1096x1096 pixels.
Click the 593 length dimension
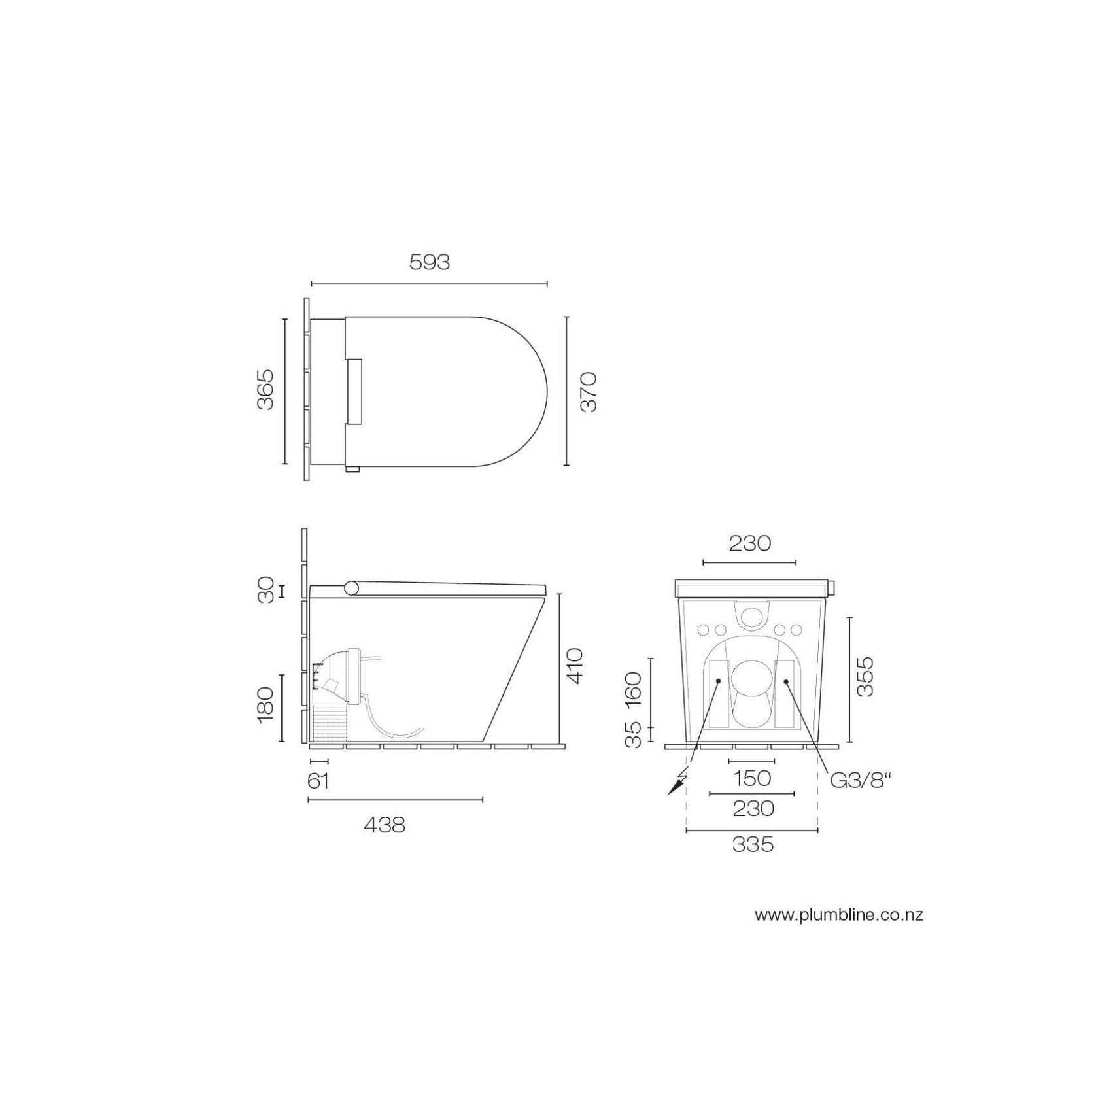429,262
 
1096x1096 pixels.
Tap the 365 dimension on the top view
265,390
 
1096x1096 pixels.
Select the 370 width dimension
589,391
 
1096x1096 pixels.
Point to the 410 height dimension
574,666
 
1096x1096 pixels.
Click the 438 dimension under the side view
385,825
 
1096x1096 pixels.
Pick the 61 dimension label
318,781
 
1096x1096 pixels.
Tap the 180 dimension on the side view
265,704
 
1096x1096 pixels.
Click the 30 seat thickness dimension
265,591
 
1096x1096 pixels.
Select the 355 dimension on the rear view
865,677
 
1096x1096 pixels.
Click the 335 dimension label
753,845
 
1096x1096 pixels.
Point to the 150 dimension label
752,778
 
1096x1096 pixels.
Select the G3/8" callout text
861,780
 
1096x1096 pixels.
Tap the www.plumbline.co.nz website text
839,915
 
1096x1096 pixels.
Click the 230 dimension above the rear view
749,543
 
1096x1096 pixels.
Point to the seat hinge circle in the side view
352,588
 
